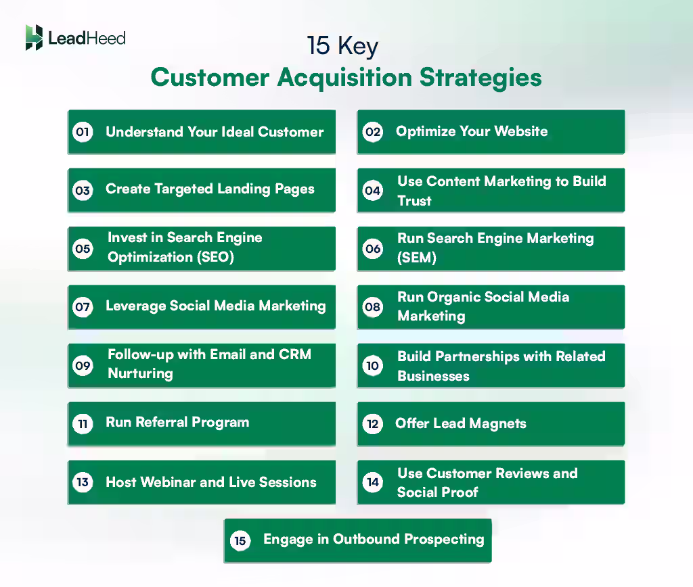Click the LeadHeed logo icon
tap(34, 38)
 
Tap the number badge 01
tap(83, 132)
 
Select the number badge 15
tap(239, 540)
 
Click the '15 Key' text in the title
tap(342, 47)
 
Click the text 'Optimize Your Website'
tap(472, 131)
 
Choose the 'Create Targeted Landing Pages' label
tap(210, 189)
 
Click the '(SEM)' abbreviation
tap(417, 258)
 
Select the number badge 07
tap(83, 307)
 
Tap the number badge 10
tap(373, 366)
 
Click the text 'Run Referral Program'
tap(177, 423)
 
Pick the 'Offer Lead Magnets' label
tap(460, 424)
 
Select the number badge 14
tap(373, 482)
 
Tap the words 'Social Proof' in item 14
tap(437, 492)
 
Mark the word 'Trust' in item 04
tap(414, 201)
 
